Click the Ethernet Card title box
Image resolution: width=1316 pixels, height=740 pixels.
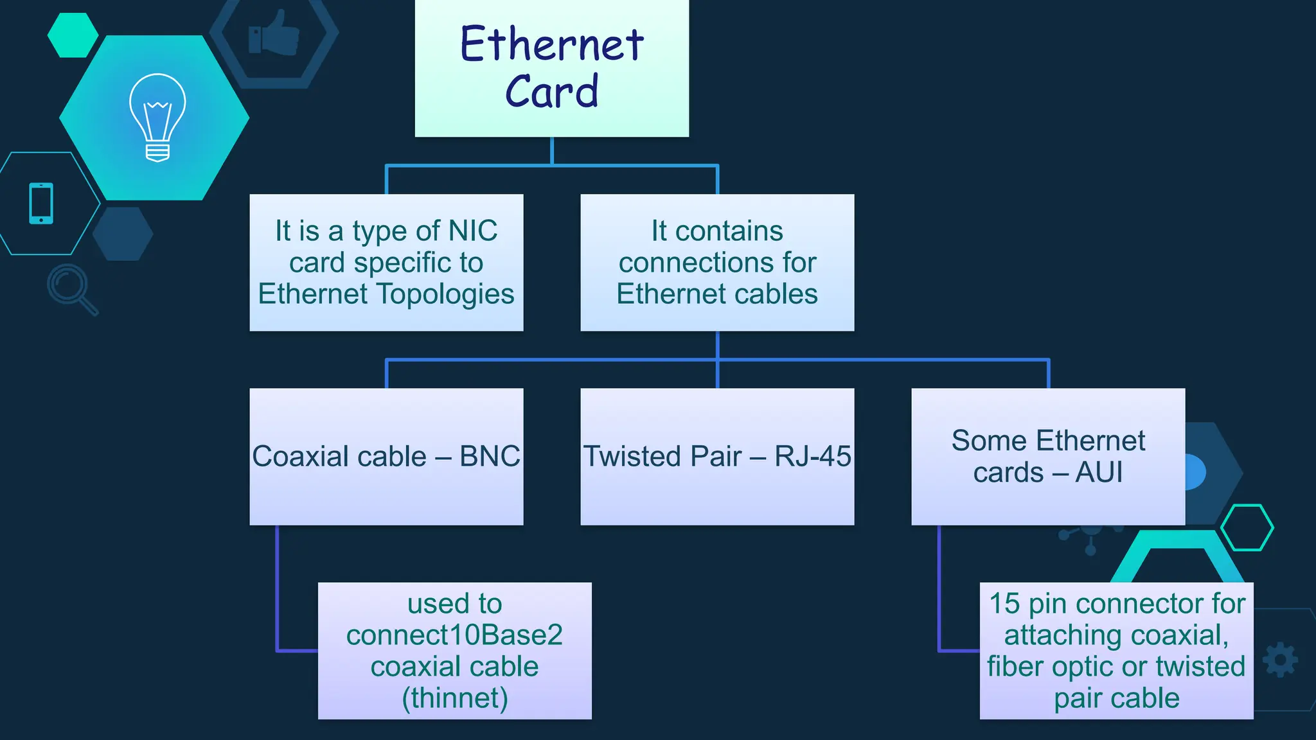(x=551, y=67)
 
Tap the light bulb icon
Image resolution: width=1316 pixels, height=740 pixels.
(x=157, y=117)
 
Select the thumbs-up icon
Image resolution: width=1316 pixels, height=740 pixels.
(x=274, y=33)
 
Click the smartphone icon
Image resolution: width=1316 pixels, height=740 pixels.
(x=41, y=204)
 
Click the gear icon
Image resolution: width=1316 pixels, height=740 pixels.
(x=1280, y=660)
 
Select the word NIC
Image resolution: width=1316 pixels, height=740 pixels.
(x=473, y=231)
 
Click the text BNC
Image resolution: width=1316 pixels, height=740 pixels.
(x=490, y=457)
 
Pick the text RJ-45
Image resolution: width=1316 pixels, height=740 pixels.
(x=812, y=457)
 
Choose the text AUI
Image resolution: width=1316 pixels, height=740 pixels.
(x=1099, y=473)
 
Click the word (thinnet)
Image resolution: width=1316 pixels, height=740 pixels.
(x=455, y=698)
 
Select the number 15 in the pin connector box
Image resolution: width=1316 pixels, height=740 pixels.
(x=1004, y=604)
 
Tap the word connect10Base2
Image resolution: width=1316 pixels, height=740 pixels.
(x=455, y=635)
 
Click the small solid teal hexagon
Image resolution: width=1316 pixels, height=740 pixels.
(x=73, y=35)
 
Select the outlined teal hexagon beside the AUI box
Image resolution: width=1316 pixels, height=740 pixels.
(x=1247, y=527)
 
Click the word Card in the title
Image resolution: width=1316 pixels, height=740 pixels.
(x=551, y=91)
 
